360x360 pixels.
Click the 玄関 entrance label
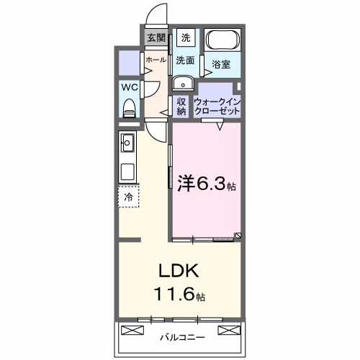point(156,38)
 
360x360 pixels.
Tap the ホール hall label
point(156,60)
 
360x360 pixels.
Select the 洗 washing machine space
point(186,37)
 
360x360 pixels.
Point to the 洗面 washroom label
point(186,60)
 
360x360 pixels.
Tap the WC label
point(130,86)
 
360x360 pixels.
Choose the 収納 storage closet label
point(181,106)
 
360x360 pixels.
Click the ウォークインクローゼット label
point(217,107)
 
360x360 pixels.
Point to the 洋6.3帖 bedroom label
point(206,184)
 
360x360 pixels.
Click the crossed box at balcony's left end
point(132,330)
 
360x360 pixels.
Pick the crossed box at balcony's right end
point(229,330)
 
